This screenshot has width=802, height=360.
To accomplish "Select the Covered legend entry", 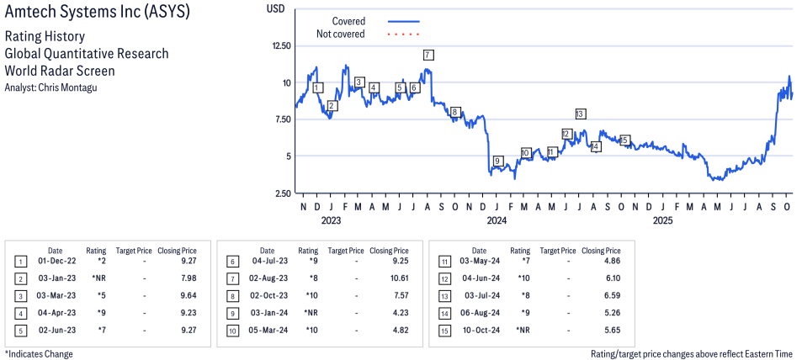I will click(348, 21).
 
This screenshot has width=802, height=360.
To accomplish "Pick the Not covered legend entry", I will click(340, 34).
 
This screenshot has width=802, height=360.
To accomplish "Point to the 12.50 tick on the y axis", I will click(279, 45).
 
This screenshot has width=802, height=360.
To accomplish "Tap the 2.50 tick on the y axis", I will click(283, 193).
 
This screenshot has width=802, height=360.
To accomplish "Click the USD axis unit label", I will click(275, 8).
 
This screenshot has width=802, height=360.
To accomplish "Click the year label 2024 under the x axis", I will click(497, 221).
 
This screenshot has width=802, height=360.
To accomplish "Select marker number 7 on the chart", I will click(428, 55).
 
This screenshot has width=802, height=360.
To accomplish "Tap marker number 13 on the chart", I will click(580, 114).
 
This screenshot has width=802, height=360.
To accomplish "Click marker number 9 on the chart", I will click(497, 161).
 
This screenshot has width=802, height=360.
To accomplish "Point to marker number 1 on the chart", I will click(317, 87).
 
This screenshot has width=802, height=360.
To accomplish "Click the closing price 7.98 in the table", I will click(188, 277).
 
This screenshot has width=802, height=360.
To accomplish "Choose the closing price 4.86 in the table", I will click(612, 262).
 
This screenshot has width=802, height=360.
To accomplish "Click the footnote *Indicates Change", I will click(39, 354).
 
